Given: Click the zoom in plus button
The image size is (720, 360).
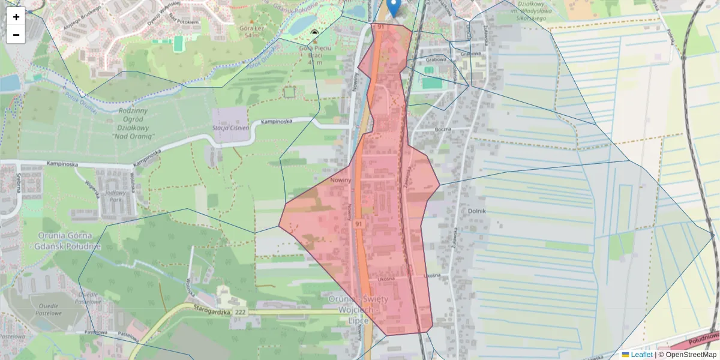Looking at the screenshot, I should pos(16,17).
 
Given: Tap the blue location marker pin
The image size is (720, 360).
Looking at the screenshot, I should pos(394,8).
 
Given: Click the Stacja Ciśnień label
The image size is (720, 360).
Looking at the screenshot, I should pos(231,127).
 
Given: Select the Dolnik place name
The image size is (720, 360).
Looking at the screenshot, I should pos(477,211).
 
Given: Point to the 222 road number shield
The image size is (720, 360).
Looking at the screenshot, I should pos(241,313).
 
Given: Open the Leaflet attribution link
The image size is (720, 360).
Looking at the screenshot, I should pos(641,355).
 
